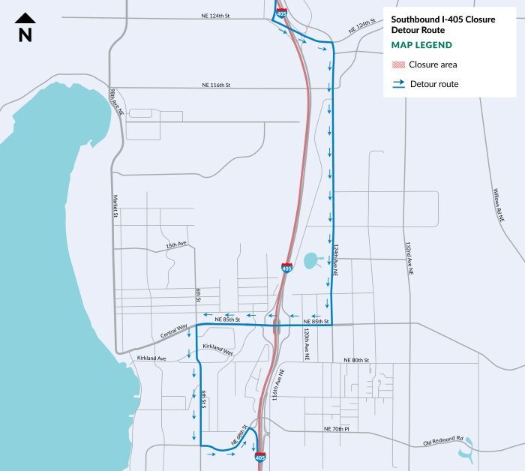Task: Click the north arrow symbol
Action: tap(25, 28)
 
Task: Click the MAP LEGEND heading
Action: tap(421, 45)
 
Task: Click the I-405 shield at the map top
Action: tap(281, 13)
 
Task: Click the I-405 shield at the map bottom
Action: tap(259, 456)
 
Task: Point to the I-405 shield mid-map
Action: tap(287, 268)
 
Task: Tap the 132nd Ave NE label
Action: tap(409, 259)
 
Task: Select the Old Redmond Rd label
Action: tap(444, 441)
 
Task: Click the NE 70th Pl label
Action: tap(337, 428)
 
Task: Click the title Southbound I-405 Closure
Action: tap(442, 19)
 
